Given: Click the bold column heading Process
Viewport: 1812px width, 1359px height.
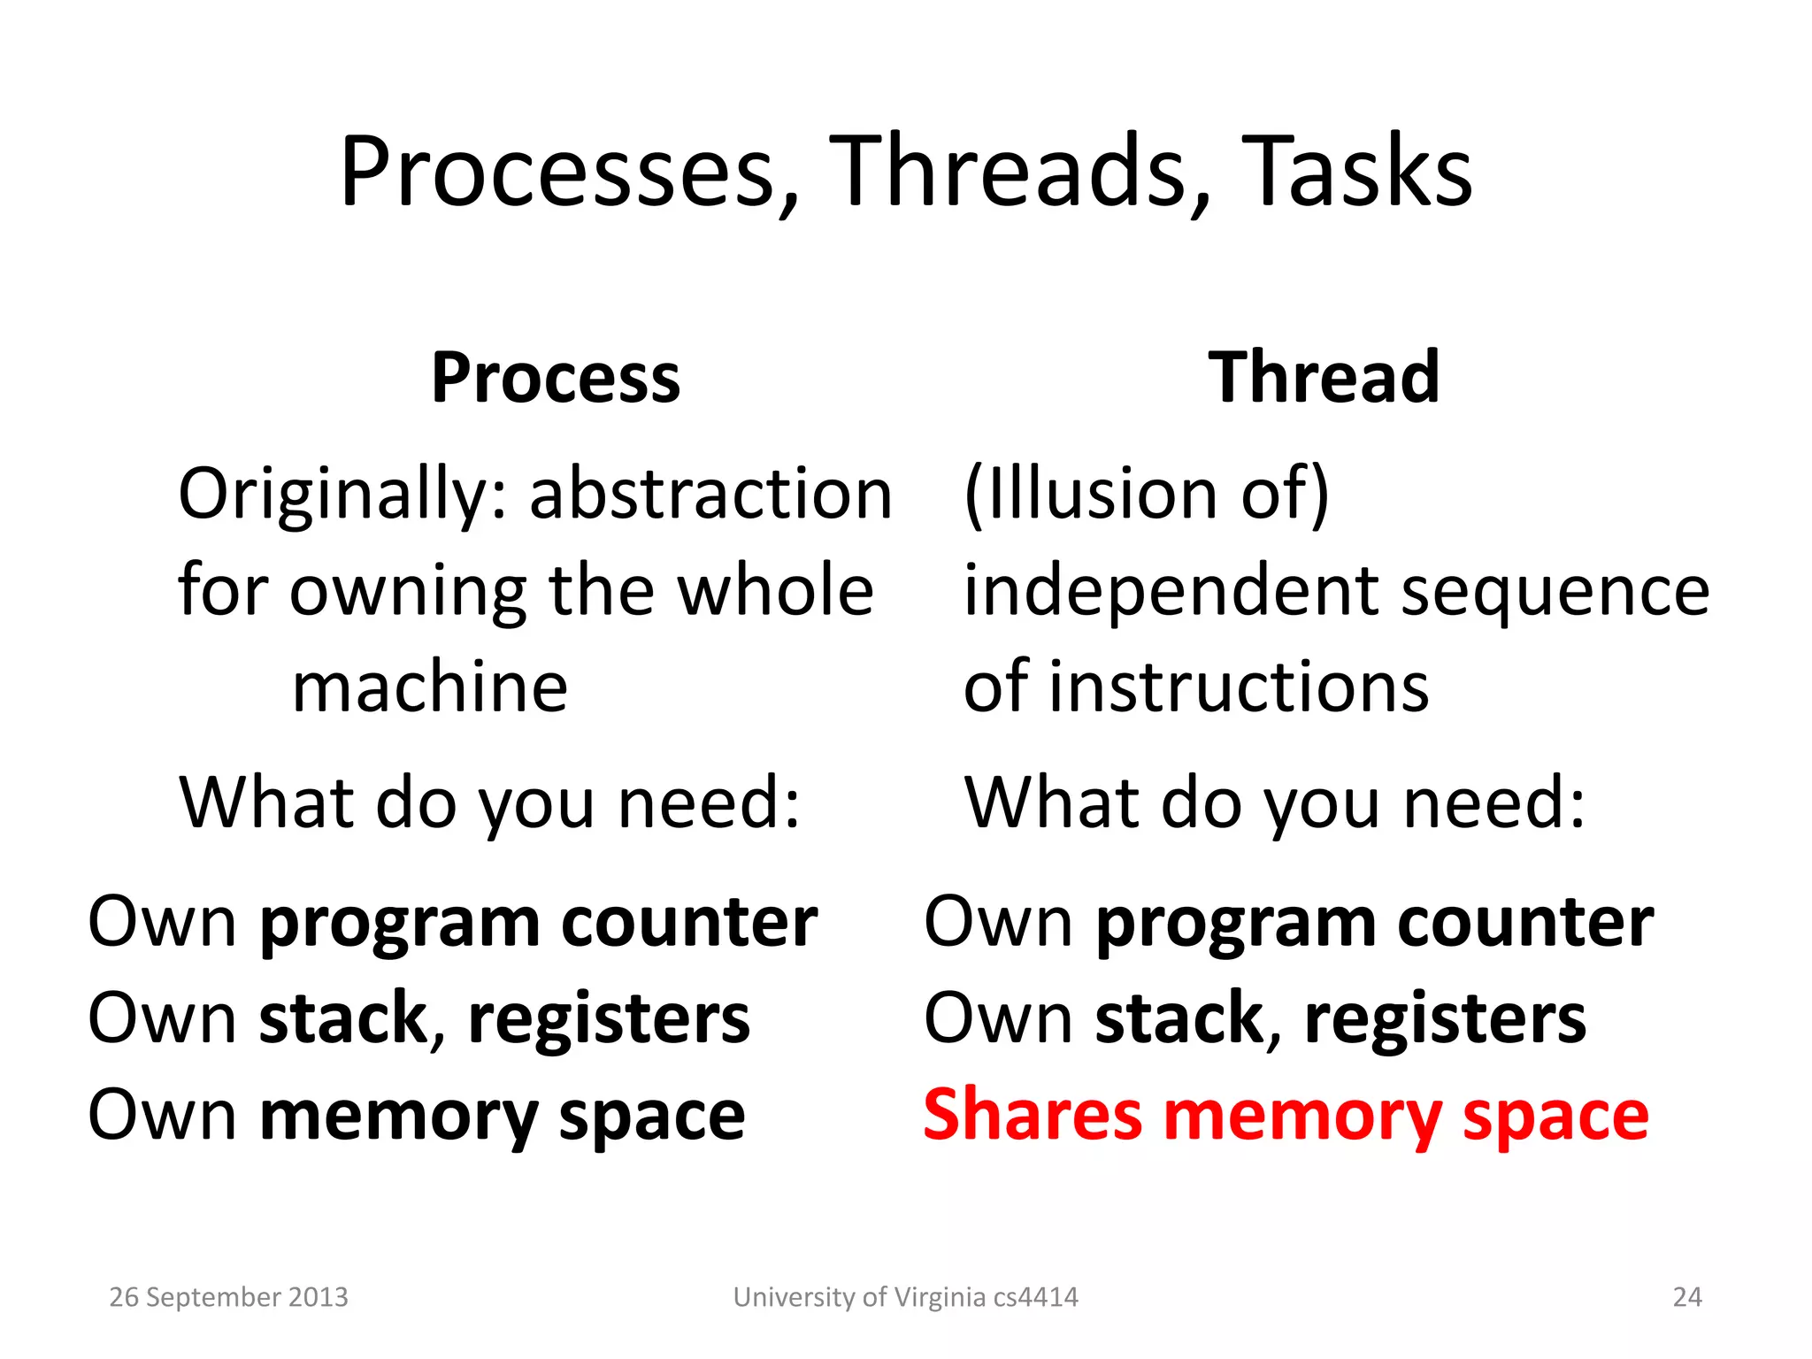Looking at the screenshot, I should tap(556, 379).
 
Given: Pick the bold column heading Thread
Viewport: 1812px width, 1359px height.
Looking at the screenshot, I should tap(1324, 379).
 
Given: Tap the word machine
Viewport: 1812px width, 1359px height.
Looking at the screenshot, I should tap(430, 687).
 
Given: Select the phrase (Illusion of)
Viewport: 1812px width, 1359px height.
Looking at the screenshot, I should tap(1147, 494).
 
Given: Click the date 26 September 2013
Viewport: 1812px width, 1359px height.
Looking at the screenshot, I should tap(228, 1297).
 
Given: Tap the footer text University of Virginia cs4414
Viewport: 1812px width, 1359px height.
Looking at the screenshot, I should tap(905, 1297).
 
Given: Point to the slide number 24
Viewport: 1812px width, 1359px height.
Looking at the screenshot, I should tap(1687, 1297).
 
